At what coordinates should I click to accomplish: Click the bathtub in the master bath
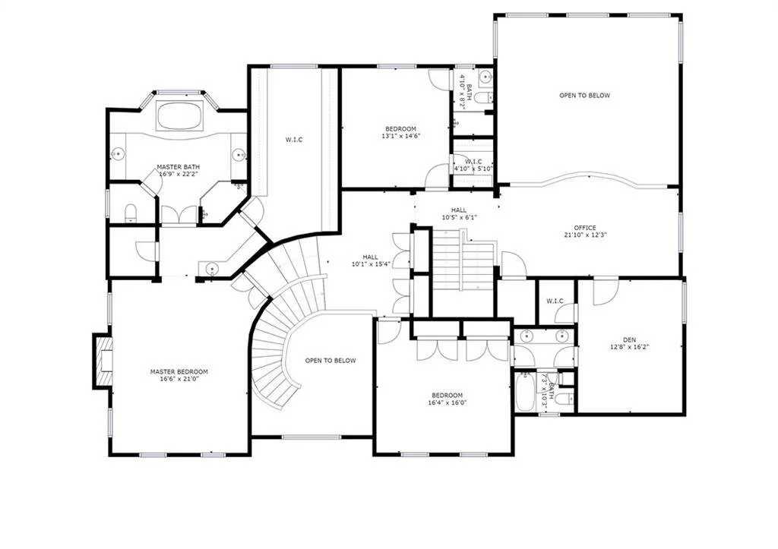click(x=179, y=115)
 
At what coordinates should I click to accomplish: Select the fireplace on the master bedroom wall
click(x=103, y=361)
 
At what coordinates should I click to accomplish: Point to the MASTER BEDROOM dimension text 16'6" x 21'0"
click(x=179, y=380)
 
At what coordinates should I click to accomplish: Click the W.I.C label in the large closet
click(x=294, y=139)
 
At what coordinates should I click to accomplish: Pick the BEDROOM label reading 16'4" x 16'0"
click(x=447, y=399)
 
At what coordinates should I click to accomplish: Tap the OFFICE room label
click(x=584, y=231)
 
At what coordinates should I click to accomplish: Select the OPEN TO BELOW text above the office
click(x=584, y=96)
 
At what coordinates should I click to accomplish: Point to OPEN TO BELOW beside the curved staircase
click(x=330, y=361)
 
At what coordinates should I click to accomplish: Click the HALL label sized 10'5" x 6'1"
click(x=459, y=214)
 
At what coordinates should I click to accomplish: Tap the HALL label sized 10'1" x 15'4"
click(x=370, y=260)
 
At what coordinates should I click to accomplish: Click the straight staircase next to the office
click(x=462, y=262)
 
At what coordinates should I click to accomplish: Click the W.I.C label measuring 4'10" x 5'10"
click(x=473, y=165)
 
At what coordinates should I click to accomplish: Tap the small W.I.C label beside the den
click(x=555, y=301)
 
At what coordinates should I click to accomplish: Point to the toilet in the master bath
click(x=129, y=213)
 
